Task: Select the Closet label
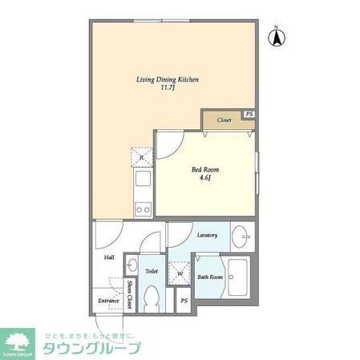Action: (x=224, y=120)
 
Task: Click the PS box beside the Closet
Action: (x=249, y=115)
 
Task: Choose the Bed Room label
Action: (x=204, y=170)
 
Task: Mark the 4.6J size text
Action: (x=204, y=180)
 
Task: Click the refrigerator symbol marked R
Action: (x=142, y=157)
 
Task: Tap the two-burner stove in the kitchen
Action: (x=143, y=210)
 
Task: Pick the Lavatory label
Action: (x=208, y=235)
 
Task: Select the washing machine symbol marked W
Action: (x=180, y=273)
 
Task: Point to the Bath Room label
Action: (x=209, y=277)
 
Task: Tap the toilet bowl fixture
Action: (x=151, y=298)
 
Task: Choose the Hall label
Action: (x=108, y=258)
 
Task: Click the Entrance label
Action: (x=108, y=301)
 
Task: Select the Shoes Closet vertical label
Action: (x=129, y=295)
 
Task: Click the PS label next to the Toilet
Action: (x=184, y=301)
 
